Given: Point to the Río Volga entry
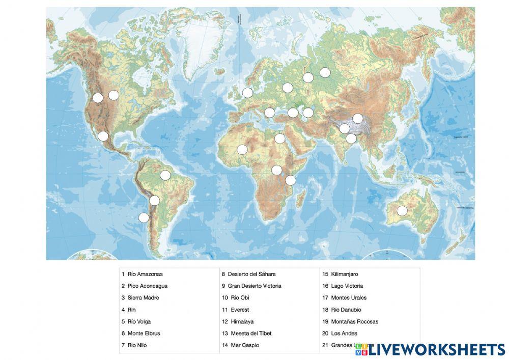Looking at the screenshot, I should [139, 322].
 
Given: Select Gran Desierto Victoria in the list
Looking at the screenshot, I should [254, 286].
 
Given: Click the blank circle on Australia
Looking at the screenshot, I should [402, 211].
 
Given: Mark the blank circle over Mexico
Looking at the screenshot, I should [103, 136].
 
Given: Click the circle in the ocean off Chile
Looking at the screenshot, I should [144, 218].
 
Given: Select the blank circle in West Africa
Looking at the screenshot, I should [242, 150].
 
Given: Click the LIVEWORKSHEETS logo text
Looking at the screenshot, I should [437, 349].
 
